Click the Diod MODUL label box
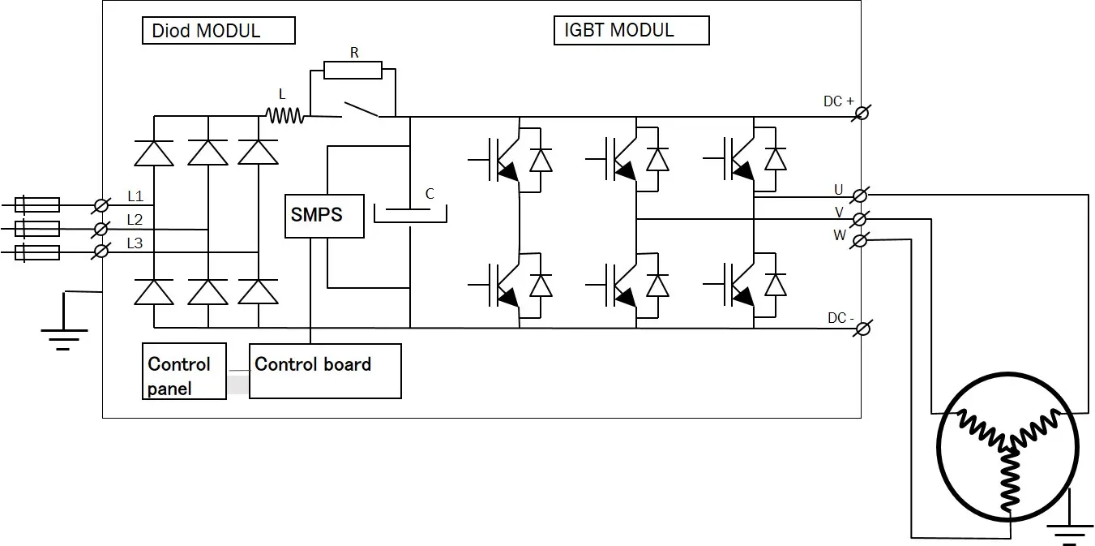pos(219,30)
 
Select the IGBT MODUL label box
pos(631,30)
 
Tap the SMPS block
pos(324,217)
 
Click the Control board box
pos(325,371)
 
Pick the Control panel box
pos(184,371)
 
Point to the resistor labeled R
pos(353,70)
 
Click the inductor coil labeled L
pos(285,116)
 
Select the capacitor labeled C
pos(410,215)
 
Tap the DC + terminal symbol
pos(862,114)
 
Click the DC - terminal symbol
pos(863,329)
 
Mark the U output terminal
pos(860,196)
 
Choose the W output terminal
pos(860,241)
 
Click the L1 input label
pos(135,196)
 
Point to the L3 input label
pos(135,243)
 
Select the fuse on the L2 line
pos(37,229)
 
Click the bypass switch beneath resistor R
pos(361,110)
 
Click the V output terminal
pos(860,219)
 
